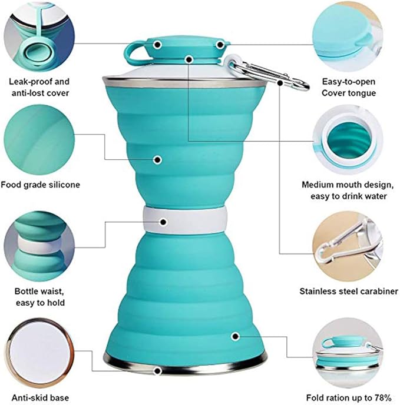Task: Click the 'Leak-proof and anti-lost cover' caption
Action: pos(39,87)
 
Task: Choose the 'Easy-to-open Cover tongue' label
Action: pos(349,87)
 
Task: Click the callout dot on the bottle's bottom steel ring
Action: pos(158,371)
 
